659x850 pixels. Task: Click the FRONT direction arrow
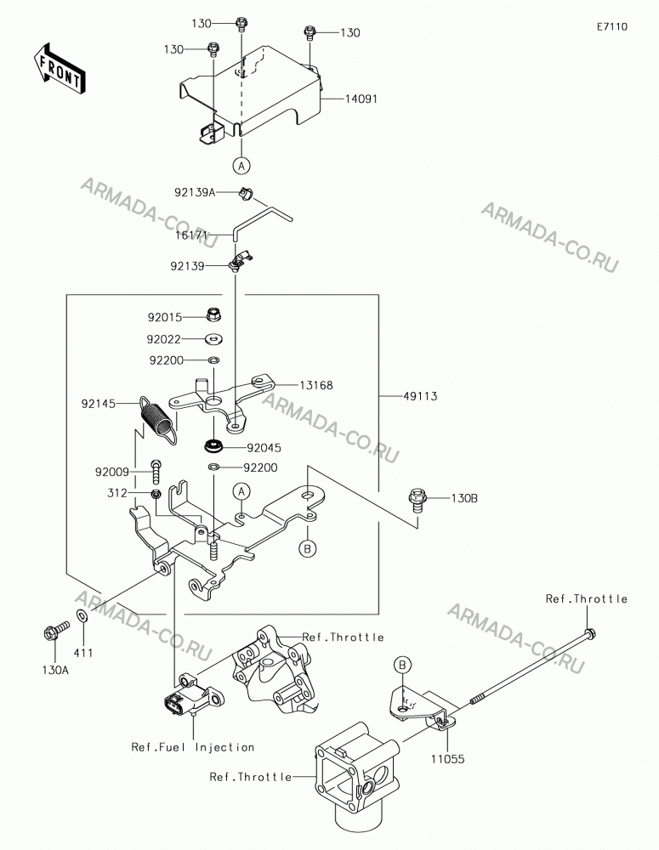click(x=58, y=68)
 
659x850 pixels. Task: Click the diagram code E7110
click(x=612, y=26)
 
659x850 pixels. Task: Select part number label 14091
click(x=361, y=99)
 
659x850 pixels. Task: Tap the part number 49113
click(x=420, y=396)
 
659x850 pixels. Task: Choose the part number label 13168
click(x=316, y=385)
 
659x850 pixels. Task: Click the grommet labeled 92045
click(x=215, y=447)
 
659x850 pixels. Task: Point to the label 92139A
click(x=195, y=192)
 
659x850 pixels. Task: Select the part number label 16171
click(x=191, y=236)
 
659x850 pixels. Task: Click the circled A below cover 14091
click(x=241, y=166)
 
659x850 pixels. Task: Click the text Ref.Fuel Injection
click(x=192, y=747)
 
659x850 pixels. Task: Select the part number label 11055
click(x=448, y=759)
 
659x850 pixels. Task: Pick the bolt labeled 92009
click(x=156, y=471)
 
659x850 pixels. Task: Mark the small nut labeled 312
click(x=156, y=494)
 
